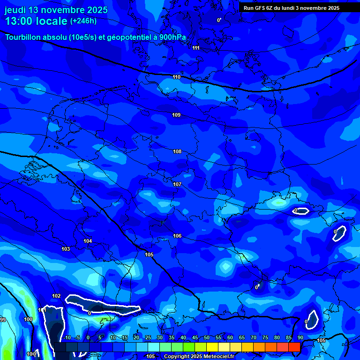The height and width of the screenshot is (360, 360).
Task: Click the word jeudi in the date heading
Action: (15, 10)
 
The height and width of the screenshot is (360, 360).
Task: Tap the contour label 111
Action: (196, 48)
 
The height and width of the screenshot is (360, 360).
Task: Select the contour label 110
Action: (176, 77)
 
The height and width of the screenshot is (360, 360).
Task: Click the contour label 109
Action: (176, 115)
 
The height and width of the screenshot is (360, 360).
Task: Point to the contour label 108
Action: (177, 151)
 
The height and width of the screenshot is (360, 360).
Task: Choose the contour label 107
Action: (177, 184)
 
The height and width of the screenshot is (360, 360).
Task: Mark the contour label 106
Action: (177, 236)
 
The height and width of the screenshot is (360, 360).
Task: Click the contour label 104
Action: (88, 241)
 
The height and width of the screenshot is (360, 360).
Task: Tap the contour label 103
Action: (66, 249)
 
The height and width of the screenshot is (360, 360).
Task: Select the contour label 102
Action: (56, 296)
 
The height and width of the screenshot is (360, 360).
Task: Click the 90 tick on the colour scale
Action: (300, 337)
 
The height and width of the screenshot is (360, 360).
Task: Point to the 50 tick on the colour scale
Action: (207, 337)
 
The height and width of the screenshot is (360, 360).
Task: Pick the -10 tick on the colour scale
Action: (67, 337)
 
